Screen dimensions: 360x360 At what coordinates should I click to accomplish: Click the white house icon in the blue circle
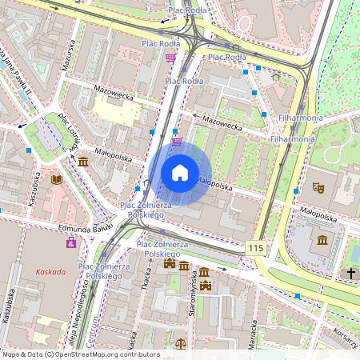(180, 172)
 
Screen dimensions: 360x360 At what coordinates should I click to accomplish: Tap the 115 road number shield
(255, 249)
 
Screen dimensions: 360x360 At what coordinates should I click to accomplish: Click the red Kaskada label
(50, 271)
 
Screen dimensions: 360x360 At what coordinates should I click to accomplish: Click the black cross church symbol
(350, 274)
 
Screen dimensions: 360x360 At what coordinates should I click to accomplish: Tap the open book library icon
(56, 179)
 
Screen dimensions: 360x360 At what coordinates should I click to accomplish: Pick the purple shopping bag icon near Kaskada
(71, 241)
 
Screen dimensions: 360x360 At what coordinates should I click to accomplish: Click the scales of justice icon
(180, 345)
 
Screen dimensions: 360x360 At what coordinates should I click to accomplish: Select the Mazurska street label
(69, 55)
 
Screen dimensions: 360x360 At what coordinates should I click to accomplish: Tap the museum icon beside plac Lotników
(84, 162)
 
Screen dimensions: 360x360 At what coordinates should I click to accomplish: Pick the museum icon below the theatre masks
(322, 240)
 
